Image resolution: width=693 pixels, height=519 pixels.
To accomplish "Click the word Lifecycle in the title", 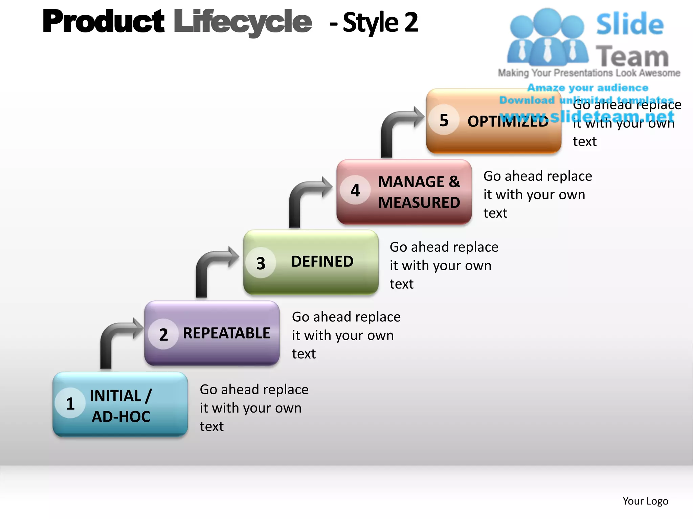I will click(242, 22).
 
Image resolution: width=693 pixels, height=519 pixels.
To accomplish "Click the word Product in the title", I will click(103, 22).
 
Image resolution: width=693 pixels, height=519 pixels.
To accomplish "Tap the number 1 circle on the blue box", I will click(70, 403).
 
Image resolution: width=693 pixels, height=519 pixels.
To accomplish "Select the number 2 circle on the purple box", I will click(163, 334).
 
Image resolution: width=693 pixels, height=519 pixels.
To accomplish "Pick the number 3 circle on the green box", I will click(261, 263).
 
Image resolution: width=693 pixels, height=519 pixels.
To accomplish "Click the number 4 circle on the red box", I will click(355, 190).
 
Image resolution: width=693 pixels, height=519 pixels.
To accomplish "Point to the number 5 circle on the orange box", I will click(444, 120).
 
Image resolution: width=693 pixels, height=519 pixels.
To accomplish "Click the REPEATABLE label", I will click(226, 333).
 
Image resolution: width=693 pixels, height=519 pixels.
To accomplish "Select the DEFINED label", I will click(322, 262).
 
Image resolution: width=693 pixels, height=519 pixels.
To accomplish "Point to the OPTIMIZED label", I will click(508, 121).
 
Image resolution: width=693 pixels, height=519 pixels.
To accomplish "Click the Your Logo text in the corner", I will click(645, 501).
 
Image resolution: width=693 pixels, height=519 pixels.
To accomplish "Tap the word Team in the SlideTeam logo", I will click(632, 56).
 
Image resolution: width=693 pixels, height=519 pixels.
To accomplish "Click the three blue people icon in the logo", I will click(547, 37).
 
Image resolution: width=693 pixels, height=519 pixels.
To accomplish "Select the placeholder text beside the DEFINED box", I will click(443, 265).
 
